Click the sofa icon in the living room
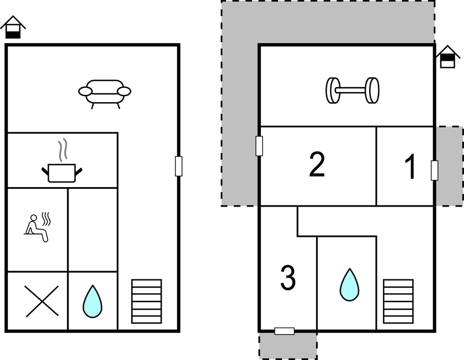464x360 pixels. coord(105,93)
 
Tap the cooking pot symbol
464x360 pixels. coord(62,172)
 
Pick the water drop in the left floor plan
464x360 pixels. coord(92,301)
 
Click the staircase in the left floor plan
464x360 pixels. coord(146,301)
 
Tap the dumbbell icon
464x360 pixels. coord(352,90)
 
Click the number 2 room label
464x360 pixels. coord(317,165)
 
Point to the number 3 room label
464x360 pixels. coord(287,278)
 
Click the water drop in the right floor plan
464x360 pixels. coord(349,285)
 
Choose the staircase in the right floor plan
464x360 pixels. coord(398,301)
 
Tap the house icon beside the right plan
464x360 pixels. coord(447,57)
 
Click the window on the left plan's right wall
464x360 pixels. coord(178,166)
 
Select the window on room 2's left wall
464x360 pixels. coord(259,146)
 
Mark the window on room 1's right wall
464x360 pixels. coord(434,171)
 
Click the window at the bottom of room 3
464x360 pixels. coord(284,331)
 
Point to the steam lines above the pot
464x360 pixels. coord(63,150)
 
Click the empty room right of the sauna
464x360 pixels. coord(93,230)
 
